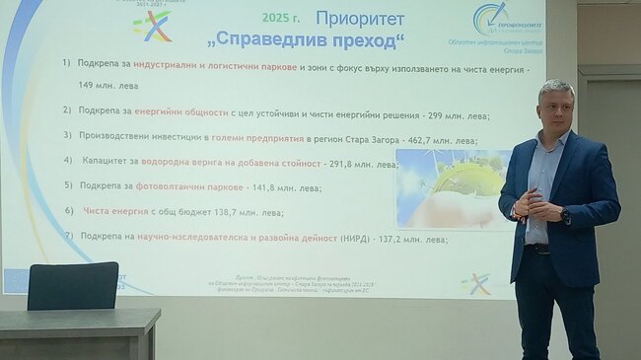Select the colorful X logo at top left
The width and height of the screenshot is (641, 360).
pos(152,27)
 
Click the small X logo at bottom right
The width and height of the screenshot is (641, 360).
pos(476,284)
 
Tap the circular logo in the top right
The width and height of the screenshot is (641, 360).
pos(490,17)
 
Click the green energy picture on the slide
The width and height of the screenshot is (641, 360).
pos(451,188)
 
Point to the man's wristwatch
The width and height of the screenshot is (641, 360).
pos(565,214)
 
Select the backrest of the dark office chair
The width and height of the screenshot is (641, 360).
pos(73,286)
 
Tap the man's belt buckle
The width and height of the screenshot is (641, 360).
pos(540,249)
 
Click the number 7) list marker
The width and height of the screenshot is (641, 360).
pos(69,238)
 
